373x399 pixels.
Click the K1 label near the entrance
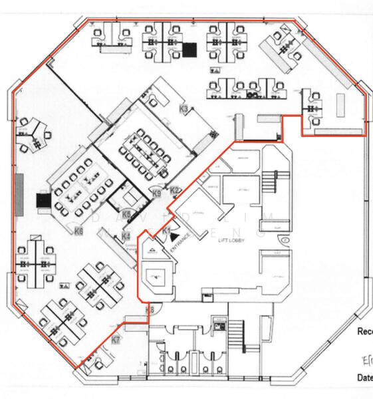166,229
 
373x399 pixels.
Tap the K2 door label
175,191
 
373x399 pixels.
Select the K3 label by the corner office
184,107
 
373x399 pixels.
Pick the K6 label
78,231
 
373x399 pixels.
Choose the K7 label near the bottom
116,340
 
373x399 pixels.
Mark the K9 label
157,194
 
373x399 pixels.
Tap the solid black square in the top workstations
191,49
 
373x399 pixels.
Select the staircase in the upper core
271,180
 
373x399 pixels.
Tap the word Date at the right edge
364,378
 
